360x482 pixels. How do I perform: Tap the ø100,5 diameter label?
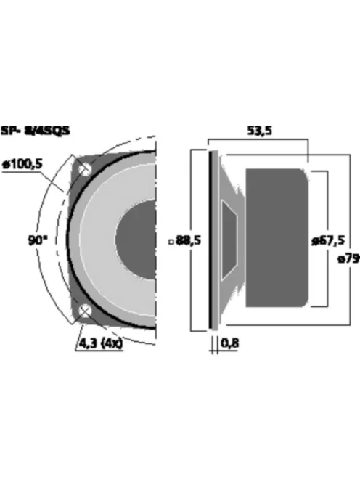click(x=23, y=165)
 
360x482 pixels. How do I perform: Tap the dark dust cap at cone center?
click(x=138, y=241)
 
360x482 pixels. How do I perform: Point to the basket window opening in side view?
click(x=229, y=240)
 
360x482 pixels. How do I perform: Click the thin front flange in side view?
click(x=213, y=240)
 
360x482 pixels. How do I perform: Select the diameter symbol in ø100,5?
click(x=7, y=165)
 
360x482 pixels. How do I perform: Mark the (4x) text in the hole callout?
click(x=110, y=342)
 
